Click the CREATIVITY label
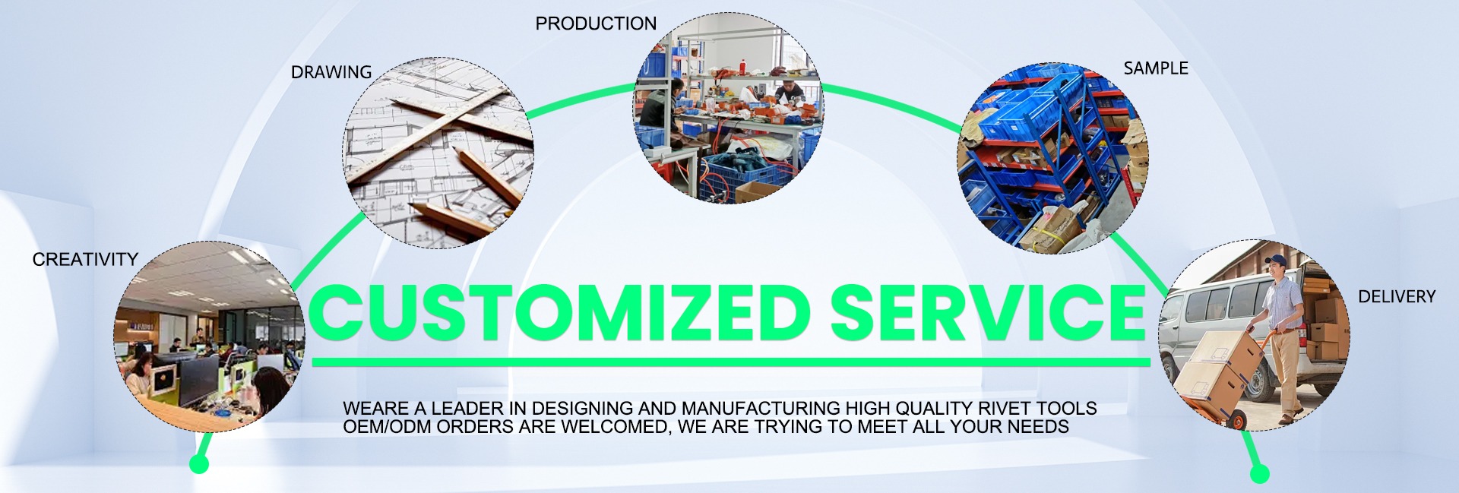[85, 260]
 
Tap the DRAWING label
[331, 72]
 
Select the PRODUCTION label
[596, 24]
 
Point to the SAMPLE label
[1156, 68]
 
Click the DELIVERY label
[1397, 297]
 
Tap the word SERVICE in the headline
[988, 312]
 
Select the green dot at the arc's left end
[199, 463]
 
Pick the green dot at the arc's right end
[1259, 473]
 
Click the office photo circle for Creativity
[210, 337]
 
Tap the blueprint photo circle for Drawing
[438, 153]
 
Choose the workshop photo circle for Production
[729, 108]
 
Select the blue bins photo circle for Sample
[1052, 158]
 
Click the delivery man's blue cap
[1275, 261]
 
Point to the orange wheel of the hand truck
[1238, 420]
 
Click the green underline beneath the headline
[731, 362]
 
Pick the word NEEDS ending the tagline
[1038, 427]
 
